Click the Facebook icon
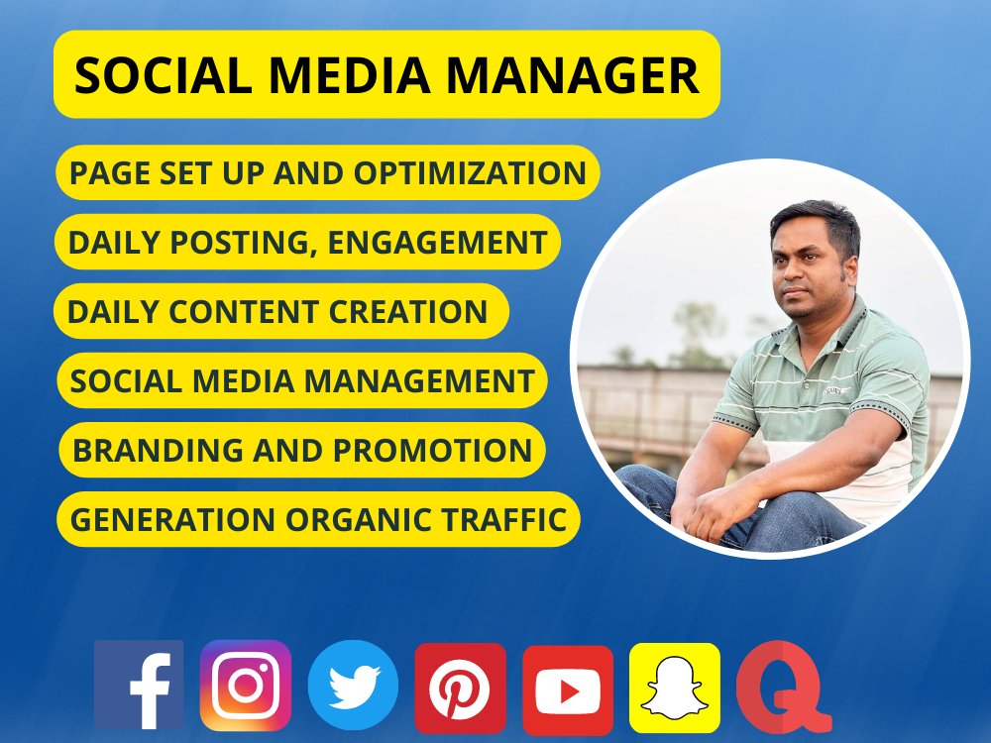click(x=139, y=685)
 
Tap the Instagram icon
click(x=246, y=685)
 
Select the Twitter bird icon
click(x=353, y=685)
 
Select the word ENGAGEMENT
click(x=438, y=243)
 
